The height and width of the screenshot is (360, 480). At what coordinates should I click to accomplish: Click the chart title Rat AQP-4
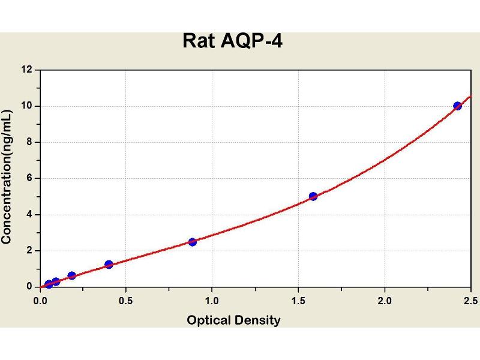tap(232, 41)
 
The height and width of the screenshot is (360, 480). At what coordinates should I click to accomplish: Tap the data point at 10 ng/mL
tap(458, 106)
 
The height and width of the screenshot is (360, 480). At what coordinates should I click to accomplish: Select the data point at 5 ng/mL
tap(313, 196)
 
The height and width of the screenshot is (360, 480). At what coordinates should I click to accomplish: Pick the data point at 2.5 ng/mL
tap(193, 242)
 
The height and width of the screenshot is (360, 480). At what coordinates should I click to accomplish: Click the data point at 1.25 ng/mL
tap(109, 264)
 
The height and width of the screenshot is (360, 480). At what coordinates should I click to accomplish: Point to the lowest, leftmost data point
tap(49, 284)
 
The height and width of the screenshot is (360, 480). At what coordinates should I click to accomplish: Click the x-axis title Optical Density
tap(233, 320)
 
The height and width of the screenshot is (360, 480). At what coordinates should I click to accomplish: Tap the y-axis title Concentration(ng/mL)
tap(7, 177)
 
